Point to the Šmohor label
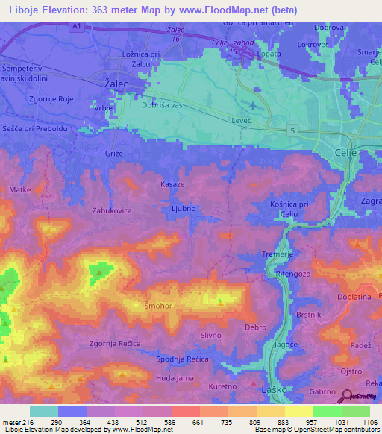[157, 305]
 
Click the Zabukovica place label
[112, 211]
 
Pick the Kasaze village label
[173, 183]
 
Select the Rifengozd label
[295, 275]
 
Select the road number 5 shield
[293, 131]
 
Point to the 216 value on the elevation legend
[28, 422]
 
